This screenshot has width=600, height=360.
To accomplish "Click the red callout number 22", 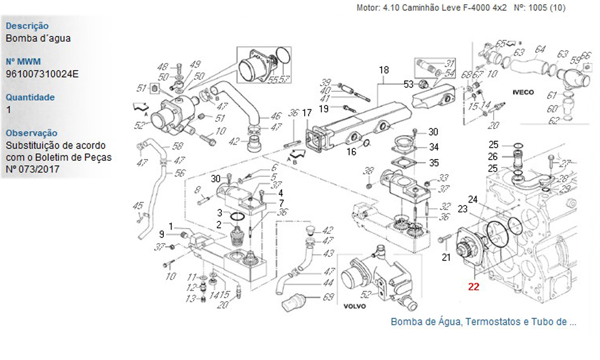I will click(473, 287).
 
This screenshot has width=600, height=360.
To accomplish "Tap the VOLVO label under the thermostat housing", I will click(355, 305).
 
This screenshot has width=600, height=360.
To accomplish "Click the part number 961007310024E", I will click(42, 74).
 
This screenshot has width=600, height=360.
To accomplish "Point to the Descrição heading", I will click(27, 26).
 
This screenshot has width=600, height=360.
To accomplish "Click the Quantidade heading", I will click(30, 97).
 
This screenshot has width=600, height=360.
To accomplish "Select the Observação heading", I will click(32, 133).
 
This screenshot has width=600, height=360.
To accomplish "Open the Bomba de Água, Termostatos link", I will click(483, 322).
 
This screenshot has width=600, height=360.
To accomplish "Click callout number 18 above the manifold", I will click(384, 71).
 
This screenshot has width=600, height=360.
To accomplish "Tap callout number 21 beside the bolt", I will click(446, 258).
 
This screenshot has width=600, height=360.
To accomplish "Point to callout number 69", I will click(328, 297).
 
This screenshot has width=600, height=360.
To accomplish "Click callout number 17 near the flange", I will click(307, 113).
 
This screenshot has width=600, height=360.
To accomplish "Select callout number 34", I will click(433, 147).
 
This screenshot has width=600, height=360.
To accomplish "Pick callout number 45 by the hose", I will click(137, 206).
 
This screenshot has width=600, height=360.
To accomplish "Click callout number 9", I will click(161, 233).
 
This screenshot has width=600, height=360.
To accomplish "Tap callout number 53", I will click(409, 83).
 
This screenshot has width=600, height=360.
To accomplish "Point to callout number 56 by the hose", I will click(179, 173).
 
